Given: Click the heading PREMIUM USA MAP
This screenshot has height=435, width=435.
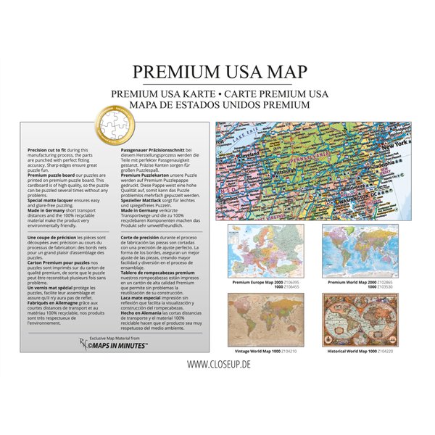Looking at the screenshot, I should (x=219, y=72).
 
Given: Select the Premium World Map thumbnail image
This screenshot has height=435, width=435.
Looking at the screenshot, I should (x=360, y=250).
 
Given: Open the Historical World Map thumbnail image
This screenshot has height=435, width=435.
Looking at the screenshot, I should (x=360, y=318).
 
